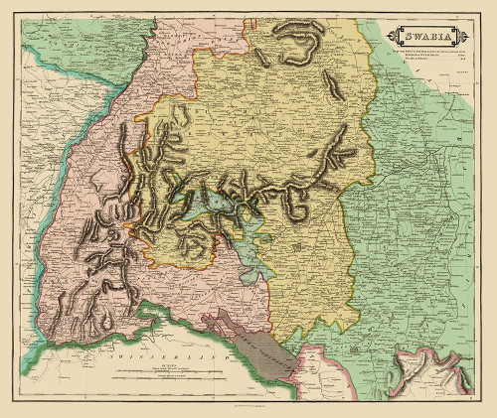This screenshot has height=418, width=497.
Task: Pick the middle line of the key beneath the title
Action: [424, 54]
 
